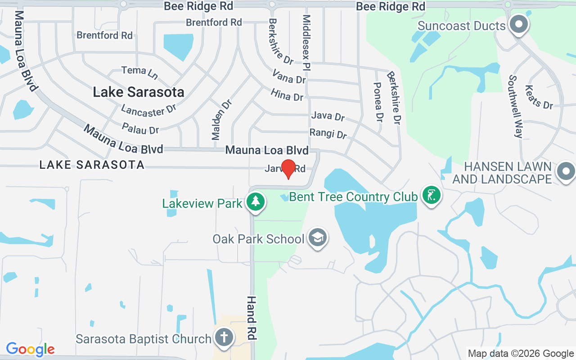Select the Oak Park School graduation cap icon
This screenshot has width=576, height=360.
(318, 238)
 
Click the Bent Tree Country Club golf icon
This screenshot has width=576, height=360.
(432, 195)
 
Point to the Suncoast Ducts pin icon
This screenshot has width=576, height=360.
(519, 25)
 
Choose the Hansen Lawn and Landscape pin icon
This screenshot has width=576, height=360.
(565, 171)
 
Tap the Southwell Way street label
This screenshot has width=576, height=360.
(515, 106)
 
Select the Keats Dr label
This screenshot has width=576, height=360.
(539, 98)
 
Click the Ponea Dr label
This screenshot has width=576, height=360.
(378, 103)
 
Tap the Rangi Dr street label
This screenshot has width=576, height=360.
(328, 134)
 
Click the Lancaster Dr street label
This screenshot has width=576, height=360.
(148, 110)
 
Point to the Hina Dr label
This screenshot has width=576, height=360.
(287, 95)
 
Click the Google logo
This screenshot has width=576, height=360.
(30, 349)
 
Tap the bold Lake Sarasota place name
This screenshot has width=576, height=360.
(139, 92)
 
